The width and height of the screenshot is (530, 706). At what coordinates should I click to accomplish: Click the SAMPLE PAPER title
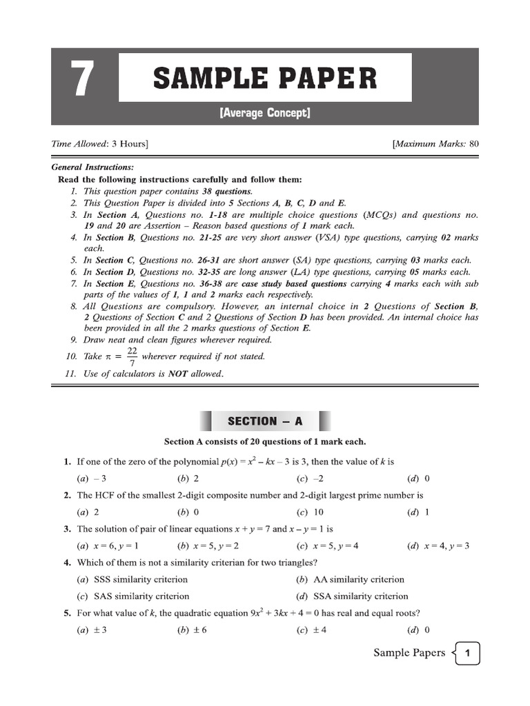(265, 78)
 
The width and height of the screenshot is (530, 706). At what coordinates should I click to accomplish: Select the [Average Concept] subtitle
(265, 112)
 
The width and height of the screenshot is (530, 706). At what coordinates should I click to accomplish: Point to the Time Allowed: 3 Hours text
(100, 143)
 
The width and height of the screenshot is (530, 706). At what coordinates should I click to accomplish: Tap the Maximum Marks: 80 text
(435, 143)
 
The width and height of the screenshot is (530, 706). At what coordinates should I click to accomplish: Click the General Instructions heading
(93, 168)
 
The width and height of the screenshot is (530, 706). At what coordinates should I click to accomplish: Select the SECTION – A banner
(265, 421)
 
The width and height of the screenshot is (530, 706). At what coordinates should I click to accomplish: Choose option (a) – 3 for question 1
(91, 478)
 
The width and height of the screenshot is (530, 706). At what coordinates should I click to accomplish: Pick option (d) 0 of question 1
(418, 478)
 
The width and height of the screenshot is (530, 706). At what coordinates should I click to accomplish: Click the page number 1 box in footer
(467, 654)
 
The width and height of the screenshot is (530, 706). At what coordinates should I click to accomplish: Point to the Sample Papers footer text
(409, 653)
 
